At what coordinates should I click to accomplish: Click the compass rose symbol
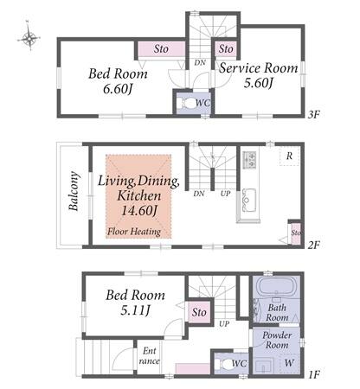click(29, 36)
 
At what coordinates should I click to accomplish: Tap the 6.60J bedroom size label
click(118, 89)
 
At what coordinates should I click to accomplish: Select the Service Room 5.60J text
click(259, 75)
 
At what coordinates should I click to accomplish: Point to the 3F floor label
click(313, 115)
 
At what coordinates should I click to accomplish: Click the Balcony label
click(74, 191)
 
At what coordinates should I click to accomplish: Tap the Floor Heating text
click(134, 232)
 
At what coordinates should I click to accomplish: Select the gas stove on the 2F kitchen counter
click(249, 160)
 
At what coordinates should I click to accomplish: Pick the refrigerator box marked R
click(289, 156)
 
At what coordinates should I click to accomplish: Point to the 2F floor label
click(313, 246)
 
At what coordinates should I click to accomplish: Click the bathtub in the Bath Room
click(276, 285)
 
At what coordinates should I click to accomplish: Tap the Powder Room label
click(277, 340)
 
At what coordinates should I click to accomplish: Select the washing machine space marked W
click(289, 363)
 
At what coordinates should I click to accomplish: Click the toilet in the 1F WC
click(227, 364)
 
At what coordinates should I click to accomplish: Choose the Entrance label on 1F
click(149, 356)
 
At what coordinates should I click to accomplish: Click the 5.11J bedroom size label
click(135, 310)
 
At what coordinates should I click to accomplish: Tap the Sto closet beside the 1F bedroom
click(199, 313)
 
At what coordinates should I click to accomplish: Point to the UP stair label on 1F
click(224, 324)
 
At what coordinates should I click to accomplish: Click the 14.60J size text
click(139, 210)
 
